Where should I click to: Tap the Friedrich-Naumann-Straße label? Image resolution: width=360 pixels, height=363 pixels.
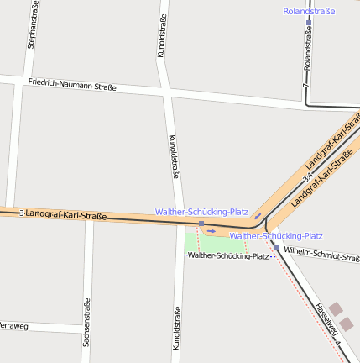click(x=71, y=85)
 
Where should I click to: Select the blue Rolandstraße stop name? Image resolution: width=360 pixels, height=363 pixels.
click(x=309, y=12)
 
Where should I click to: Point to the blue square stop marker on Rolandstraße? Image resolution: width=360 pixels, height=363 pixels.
click(x=308, y=23)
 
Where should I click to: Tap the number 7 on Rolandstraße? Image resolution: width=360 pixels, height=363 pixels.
click(x=307, y=87)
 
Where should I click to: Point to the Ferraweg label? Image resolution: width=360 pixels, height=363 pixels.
click(x=14, y=324)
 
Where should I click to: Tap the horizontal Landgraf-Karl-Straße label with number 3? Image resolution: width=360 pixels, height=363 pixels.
click(x=64, y=215)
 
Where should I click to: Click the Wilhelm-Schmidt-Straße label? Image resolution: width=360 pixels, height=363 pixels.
click(x=321, y=255)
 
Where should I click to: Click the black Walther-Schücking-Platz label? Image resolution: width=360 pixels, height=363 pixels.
click(x=227, y=255)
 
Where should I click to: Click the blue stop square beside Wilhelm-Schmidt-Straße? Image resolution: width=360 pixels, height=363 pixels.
click(x=275, y=247)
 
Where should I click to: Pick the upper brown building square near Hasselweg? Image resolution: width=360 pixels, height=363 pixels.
click(x=336, y=308)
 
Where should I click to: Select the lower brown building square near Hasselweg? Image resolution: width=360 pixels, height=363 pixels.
click(x=347, y=323)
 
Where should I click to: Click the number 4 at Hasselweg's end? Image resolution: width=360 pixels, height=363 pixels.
click(x=337, y=345)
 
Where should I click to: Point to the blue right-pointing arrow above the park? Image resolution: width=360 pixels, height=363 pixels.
click(x=211, y=229)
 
